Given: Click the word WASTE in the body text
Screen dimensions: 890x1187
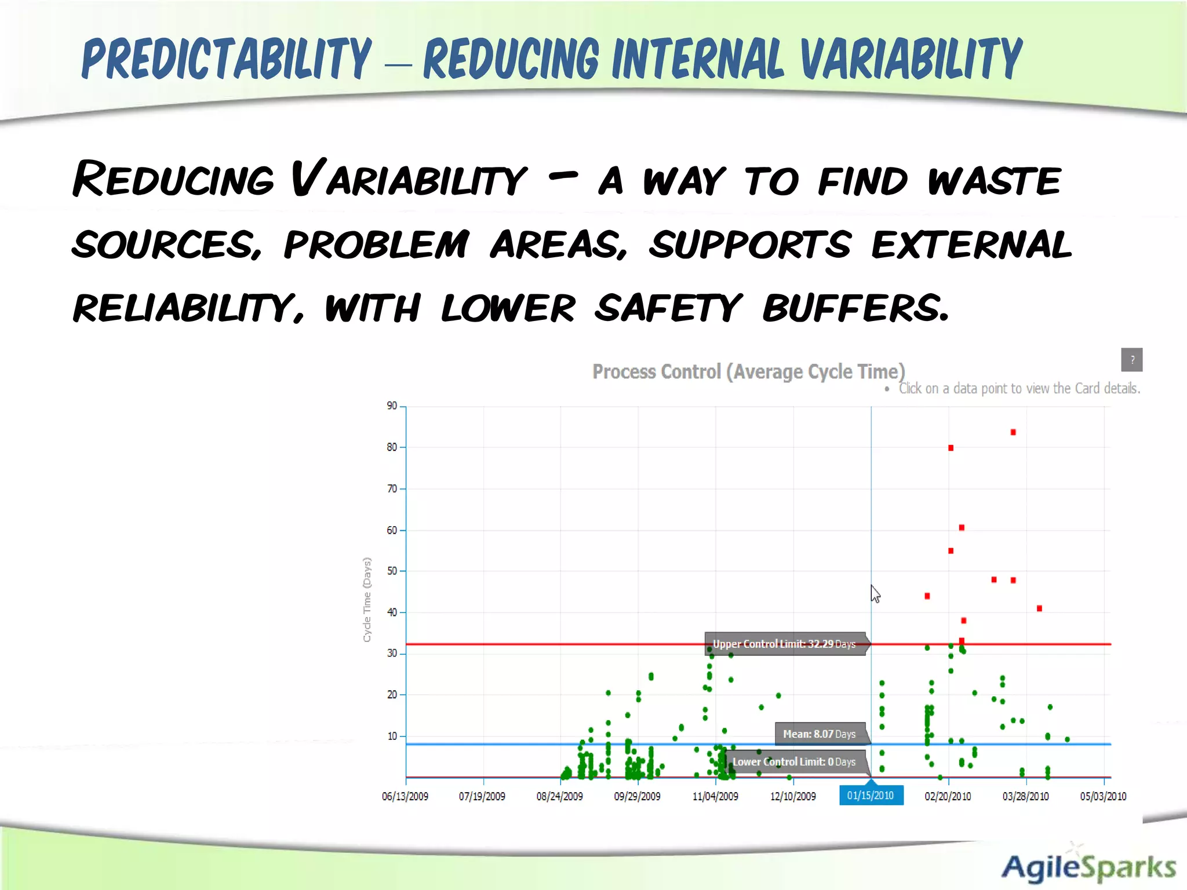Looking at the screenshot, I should click(994, 181).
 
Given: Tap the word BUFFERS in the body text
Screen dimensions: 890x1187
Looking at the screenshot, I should click(855, 308).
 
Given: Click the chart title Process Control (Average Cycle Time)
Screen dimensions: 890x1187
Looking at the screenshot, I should click(748, 371).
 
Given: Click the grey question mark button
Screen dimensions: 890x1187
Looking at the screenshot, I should click(1131, 360).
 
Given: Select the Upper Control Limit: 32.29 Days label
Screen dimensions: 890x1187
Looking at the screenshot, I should click(784, 644).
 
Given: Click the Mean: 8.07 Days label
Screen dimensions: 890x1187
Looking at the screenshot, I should click(819, 734).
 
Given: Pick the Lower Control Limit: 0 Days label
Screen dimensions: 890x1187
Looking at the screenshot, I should click(793, 762).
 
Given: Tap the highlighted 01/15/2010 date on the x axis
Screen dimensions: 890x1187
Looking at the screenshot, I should click(871, 796).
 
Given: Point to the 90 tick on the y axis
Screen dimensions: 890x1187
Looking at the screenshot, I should click(392, 406).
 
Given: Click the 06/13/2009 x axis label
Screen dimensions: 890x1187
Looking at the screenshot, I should click(405, 796).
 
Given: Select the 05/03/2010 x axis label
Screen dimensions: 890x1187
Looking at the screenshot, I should click(1102, 796).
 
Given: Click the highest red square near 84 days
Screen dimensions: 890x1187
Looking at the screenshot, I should click(1013, 432).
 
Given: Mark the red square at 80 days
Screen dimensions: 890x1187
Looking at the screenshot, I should click(951, 448).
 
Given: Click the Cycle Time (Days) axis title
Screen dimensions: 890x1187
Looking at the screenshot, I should click(367, 600).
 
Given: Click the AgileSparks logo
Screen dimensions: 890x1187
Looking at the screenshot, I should click(1088, 867).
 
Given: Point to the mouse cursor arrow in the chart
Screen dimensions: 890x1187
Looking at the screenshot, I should click(875, 593).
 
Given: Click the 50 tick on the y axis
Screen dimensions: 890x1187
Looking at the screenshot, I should click(392, 571).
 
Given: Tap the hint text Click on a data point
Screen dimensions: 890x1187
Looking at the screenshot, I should click(1018, 388).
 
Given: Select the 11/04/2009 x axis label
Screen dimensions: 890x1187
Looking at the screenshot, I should click(715, 796).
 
